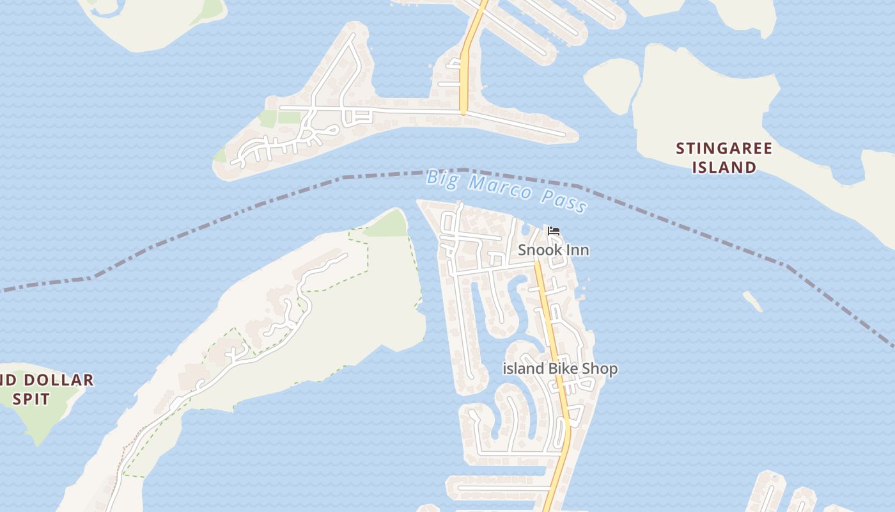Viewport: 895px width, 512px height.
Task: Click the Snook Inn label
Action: click(x=553, y=250)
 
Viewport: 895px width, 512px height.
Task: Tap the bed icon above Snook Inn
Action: click(x=554, y=231)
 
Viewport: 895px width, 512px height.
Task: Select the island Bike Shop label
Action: click(x=560, y=369)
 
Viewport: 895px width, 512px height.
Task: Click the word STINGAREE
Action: click(x=724, y=149)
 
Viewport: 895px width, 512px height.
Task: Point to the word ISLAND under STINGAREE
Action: click(x=725, y=168)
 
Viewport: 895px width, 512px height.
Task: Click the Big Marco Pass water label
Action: click(x=506, y=189)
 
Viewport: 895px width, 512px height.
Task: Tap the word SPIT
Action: click(x=31, y=399)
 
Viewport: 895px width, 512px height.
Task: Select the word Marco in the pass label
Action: click(x=499, y=188)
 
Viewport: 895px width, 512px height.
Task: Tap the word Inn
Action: click(x=578, y=250)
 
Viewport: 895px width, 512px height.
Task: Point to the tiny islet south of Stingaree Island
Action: click(x=753, y=301)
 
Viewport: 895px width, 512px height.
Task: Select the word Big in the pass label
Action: click(x=442, y=177)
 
